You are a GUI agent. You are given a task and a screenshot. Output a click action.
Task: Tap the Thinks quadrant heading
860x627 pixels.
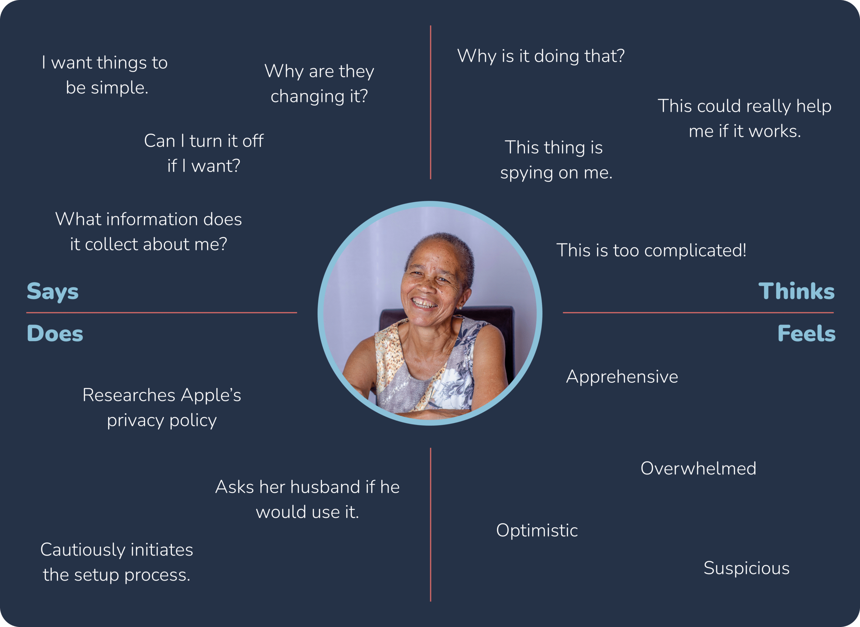pyautogui.click(x=797, y=291)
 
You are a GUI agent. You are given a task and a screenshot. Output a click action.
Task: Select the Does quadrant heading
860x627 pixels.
pyautogui.click(x=55, y=333)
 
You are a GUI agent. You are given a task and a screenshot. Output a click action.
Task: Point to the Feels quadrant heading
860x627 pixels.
pyautogui.click(x=807, y=333)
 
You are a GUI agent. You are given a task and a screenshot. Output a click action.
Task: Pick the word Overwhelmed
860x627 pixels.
pyautogui.click(x=698, y=468)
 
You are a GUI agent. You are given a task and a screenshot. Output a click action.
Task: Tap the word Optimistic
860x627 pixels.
pyautogui.click(x=537, y=531)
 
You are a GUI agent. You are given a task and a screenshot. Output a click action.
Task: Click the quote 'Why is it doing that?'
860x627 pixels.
pyautogui.click(x=541, y=56)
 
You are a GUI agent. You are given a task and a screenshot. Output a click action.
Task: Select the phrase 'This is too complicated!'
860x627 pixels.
pyautogui.click(x=651, y=251)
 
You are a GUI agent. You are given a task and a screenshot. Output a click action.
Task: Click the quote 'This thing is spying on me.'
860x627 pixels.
pyautogui.click(x=556, y=160)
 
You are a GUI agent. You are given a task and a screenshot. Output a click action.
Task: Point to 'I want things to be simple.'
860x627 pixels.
pyautogui.click(x=105, y=75)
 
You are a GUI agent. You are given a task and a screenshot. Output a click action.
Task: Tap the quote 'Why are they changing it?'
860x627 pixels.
pyautogui.click(x=319, y=84)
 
